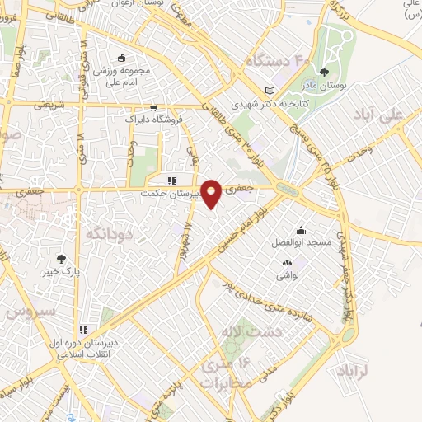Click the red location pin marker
click(x=212, y=193)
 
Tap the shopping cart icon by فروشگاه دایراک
click(x=153, y=107)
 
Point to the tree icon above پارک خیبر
click(x=59, y=256)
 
